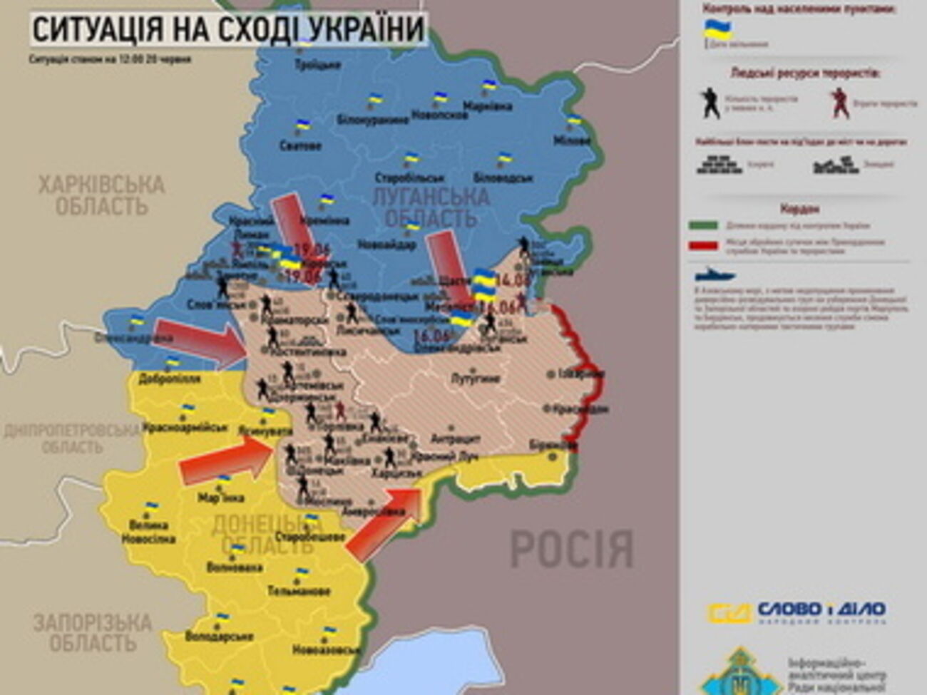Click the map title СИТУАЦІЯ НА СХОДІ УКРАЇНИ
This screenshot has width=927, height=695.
pos(228,30)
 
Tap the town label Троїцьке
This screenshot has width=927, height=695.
pos(317,65)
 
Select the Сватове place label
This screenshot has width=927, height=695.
pos(300,145)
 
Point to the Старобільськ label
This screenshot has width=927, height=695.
pos(409,177)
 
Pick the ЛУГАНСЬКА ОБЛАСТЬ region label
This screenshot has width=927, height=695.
pos(431,207)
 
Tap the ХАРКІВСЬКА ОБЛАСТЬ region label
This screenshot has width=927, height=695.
pos(101,196)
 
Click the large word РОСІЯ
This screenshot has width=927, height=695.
pos(571,548)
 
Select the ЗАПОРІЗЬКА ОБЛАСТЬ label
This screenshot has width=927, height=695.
pos(93,632)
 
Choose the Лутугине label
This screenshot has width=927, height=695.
pos(476,379)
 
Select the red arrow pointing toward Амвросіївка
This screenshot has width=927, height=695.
pos(385,520)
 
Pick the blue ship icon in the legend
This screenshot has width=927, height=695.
pos(715,274)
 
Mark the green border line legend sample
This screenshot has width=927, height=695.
pos(702,225)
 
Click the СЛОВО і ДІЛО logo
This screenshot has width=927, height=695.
pos(797,612)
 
